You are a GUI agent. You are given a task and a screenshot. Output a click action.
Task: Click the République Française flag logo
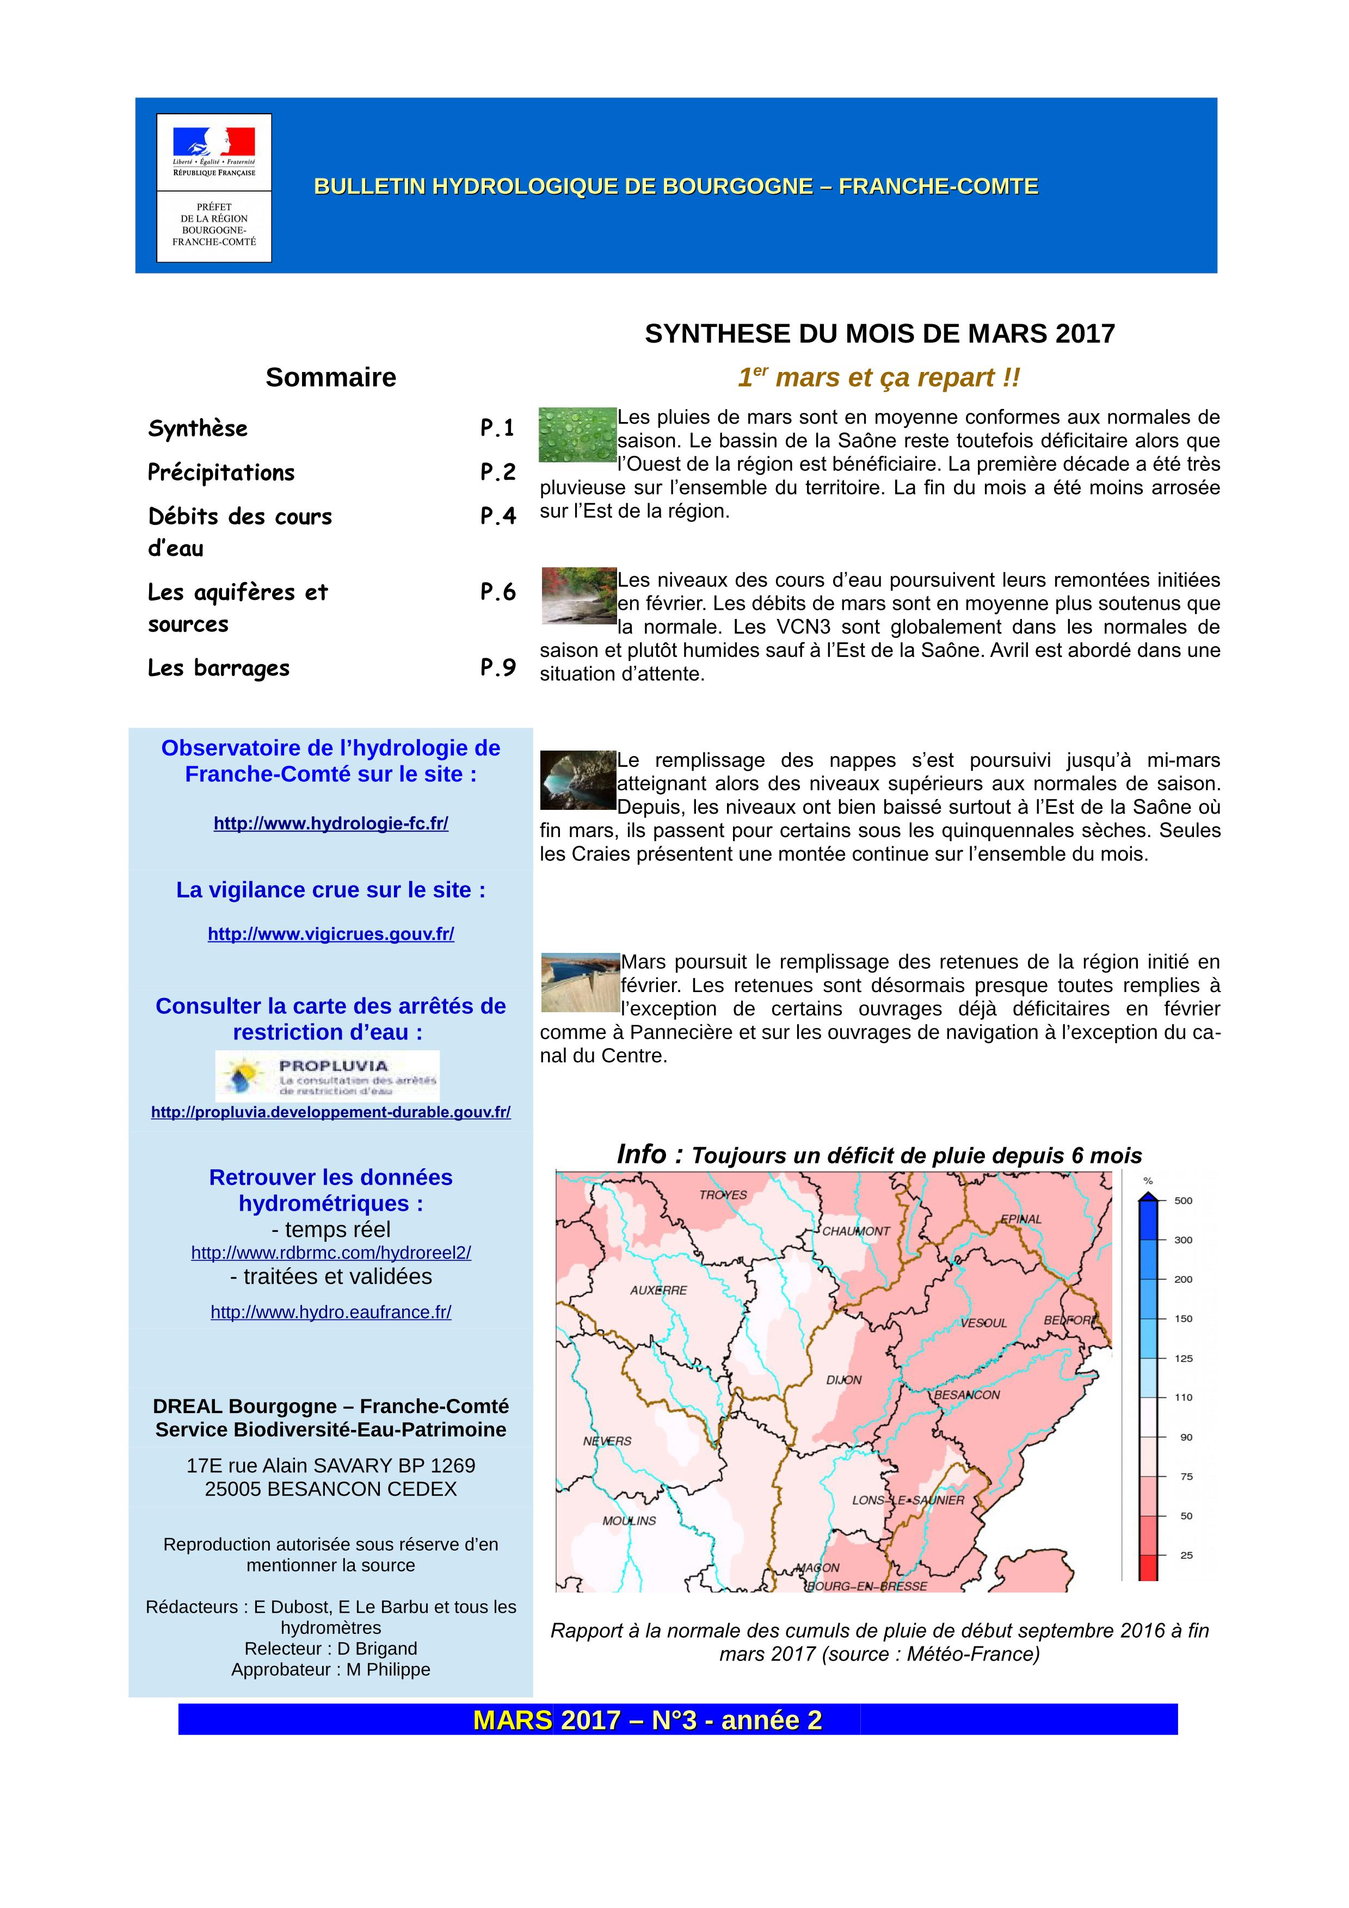coord(214,143)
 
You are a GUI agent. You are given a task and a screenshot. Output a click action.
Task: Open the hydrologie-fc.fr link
coord(331,823)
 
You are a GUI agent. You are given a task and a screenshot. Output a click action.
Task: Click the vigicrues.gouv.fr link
coord(331,934)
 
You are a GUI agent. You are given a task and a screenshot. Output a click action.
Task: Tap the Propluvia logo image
coord(328,1076)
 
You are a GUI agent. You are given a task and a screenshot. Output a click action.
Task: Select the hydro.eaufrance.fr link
coord(331,1312)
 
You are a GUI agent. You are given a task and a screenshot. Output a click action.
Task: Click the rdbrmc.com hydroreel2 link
coord(331,1253)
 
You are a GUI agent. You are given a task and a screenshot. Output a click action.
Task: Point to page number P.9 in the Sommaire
coord(498,668)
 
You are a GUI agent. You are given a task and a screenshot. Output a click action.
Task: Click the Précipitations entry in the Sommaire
coord(221,473)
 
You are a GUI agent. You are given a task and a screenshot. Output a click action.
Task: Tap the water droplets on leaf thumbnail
coord(577,435)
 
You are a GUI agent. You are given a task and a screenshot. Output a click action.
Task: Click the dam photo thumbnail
coord(580,982)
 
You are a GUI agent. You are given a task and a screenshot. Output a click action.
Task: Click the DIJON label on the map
coord(843,1380)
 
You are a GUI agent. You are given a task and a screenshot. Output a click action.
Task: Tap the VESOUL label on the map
coord(983,1323)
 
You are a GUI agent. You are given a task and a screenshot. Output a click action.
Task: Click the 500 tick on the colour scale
coord(1183,1201)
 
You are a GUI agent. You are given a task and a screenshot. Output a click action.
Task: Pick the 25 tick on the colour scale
coord(1186,1555)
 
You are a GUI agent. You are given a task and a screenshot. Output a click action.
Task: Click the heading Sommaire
coord(331,377)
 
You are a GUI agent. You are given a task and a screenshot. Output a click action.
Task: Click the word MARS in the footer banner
coord(512,1720)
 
